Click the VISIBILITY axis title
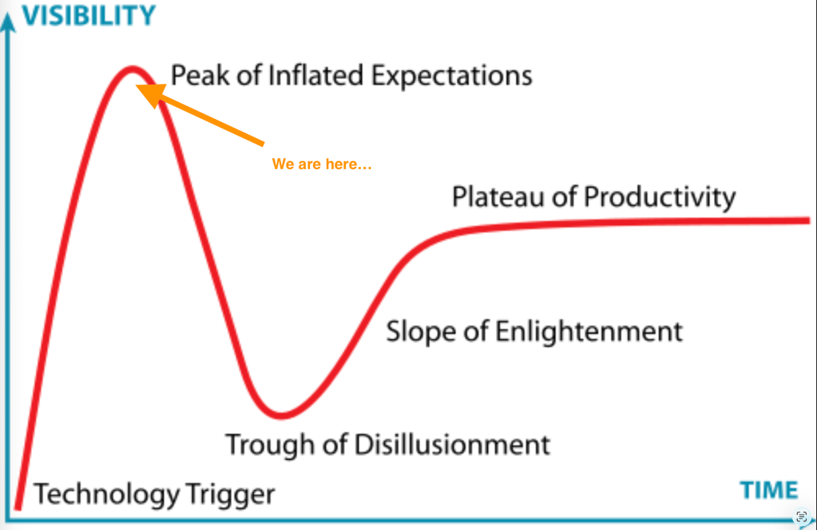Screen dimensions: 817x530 pos(89,15)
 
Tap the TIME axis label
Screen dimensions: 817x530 pos(769,490)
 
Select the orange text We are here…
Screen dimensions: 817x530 pos(322,164)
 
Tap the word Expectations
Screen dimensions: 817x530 pos(452,76)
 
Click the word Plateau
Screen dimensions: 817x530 pos(498,197)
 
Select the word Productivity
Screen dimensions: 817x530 pos(660,198)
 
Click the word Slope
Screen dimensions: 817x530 pos(421,331)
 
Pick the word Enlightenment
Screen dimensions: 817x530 pos(589,331)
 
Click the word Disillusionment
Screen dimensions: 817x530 pos(452,445)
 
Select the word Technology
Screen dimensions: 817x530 pos(107,495)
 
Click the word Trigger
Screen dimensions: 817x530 pos(230,495)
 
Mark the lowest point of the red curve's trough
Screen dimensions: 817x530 pos(281,416)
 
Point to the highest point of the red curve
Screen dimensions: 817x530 pos(132,68)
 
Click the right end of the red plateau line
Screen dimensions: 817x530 pos(808,221)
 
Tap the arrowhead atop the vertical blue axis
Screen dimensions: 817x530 pos(7,22)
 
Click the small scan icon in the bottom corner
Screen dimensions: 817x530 pos(802,516)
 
